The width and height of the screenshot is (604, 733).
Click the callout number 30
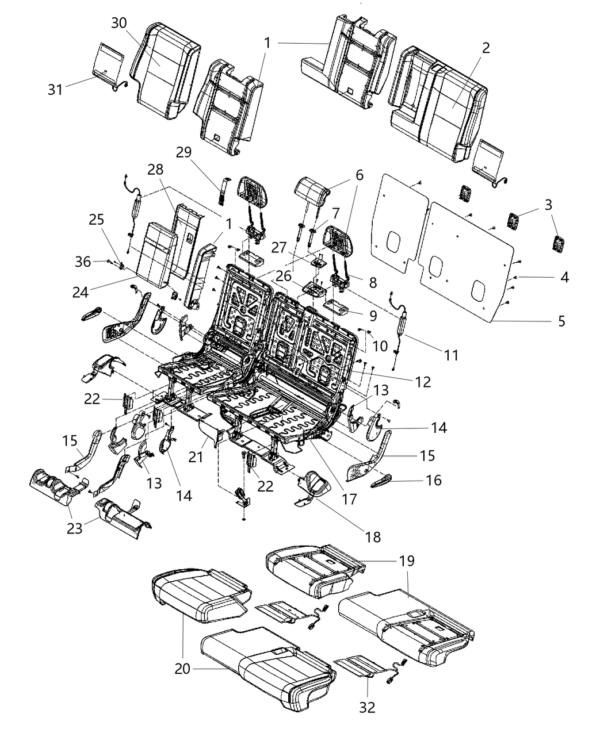click(x=119, y=24)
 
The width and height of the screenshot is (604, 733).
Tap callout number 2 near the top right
click(x=486, y=48)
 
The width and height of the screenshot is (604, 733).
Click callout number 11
click(x=452, y=355)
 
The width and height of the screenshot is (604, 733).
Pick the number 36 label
click(x=83, y=262)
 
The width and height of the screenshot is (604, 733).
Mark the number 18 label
click(x=373, y=537)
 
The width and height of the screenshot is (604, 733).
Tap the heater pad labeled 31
click(x=109, y=60)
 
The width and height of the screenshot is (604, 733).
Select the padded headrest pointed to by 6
click(x=311, y=190)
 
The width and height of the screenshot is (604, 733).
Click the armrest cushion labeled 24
click(x=154, y=253)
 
